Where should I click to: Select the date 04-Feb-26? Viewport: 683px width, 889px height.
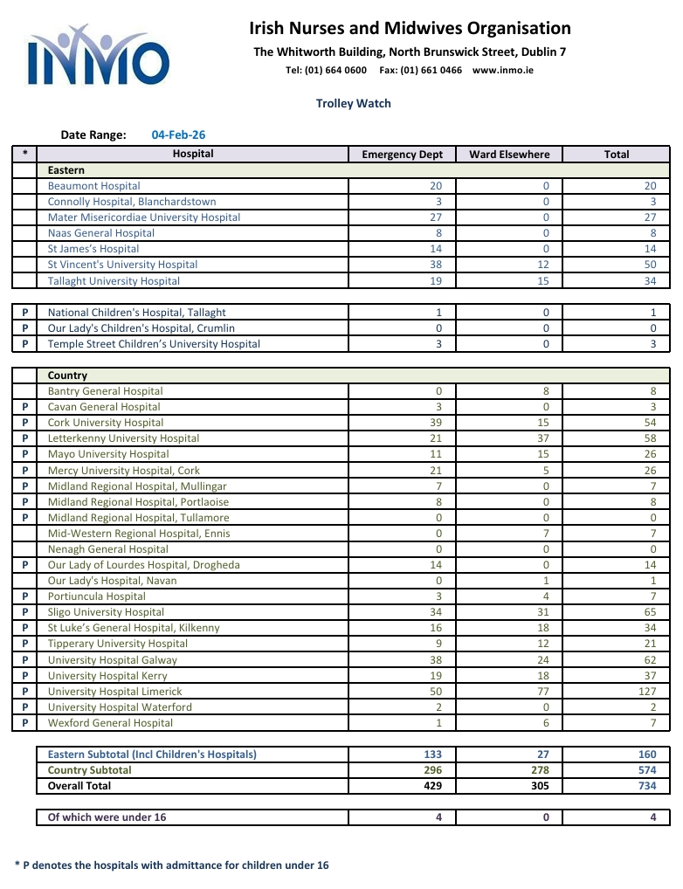(178, 134)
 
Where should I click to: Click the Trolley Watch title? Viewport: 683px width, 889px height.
(353, 103)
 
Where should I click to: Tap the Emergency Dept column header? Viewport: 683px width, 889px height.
(402, 155)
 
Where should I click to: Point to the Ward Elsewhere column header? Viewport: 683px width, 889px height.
(509, 155)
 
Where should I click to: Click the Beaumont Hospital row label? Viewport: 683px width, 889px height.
(93, 186)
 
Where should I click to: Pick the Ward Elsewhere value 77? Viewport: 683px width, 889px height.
(544, 692)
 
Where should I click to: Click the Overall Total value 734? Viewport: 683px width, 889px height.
(645, 786)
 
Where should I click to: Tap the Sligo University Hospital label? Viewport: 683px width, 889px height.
(106, 612)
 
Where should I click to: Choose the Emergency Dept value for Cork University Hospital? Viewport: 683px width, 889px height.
(437, 423)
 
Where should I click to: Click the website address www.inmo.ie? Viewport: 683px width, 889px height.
(503, 70)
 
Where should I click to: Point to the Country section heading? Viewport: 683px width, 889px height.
(67, 376)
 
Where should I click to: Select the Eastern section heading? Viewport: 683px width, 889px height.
(66, 170)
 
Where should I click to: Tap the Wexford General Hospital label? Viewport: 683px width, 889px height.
(110, 723)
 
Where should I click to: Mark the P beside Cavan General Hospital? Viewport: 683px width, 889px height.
(24, 407)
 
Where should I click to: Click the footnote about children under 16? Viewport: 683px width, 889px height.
(172, 865)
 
